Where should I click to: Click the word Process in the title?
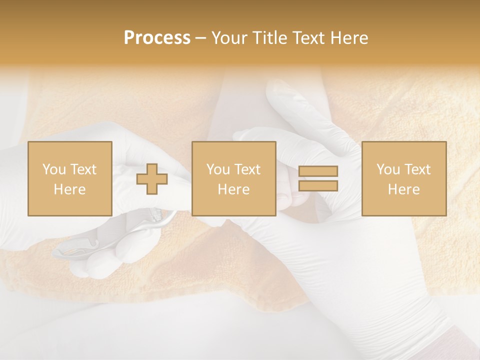tap(157, 38)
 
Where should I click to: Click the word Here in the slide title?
tap(350, 38)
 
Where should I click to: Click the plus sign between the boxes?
tap(152, 179)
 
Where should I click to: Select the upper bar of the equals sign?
tap(318, 171)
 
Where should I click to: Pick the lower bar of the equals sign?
tap(318, 186)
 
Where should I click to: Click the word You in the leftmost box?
tap(54, 169)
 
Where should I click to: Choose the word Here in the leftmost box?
tap(69, 189)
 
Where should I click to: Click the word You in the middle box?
tap(218, 169)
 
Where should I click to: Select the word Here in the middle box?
tap(233, 189)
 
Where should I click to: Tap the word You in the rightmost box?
tap(388, 169)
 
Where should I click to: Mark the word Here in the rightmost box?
tap(403, 189)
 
